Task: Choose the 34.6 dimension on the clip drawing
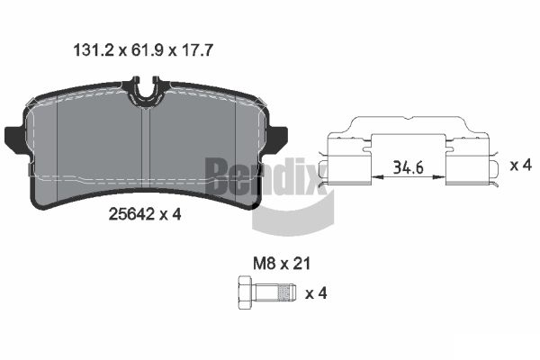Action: (409, 167)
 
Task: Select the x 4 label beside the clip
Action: (520, 165)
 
